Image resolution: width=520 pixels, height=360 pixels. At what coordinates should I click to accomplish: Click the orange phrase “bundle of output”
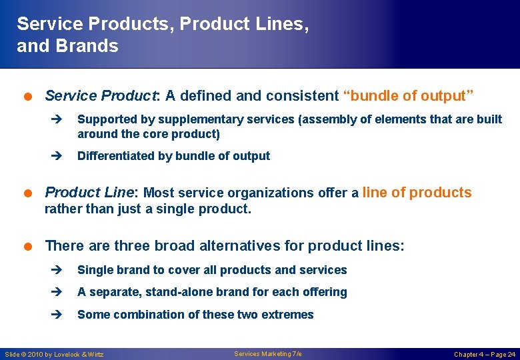point(408,96)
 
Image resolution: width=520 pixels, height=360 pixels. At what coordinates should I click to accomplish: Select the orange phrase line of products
point(417,193)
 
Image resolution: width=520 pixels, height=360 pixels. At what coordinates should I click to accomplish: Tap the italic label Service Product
point(99,96)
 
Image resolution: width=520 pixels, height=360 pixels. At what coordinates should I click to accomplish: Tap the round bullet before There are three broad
point(30,246)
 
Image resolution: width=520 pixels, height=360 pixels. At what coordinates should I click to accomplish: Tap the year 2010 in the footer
point(40,354)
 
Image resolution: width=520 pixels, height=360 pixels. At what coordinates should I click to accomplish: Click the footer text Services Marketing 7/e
point(267,353)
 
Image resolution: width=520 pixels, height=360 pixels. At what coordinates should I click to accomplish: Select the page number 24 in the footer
point(510,354)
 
